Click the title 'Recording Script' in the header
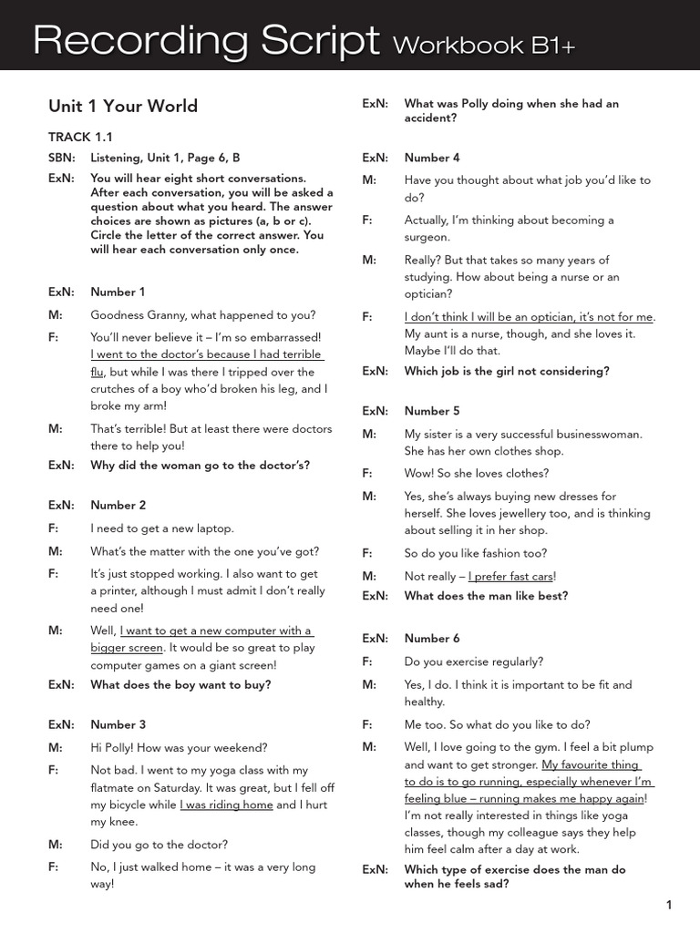206,41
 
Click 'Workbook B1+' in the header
485,46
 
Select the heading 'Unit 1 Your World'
122,107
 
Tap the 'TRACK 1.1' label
80,137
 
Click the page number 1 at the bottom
669,905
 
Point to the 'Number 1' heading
118,292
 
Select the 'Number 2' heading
118,506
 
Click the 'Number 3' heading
118,725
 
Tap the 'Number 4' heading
432,158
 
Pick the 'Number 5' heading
432,411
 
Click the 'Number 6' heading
432,639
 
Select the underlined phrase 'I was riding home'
226,805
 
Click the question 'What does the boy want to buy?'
180,684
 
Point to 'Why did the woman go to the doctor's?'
200,465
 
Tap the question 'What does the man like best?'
486,596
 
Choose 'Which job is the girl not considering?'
507,371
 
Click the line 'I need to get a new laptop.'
161,528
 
